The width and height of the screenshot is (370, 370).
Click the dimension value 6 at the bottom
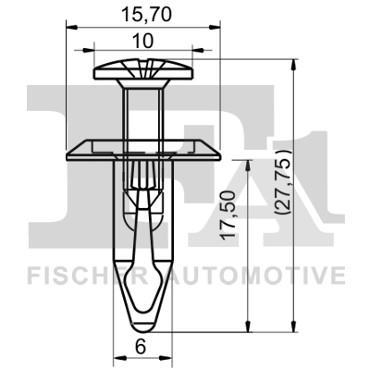139,347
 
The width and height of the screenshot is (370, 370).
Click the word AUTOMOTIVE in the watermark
268,275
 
